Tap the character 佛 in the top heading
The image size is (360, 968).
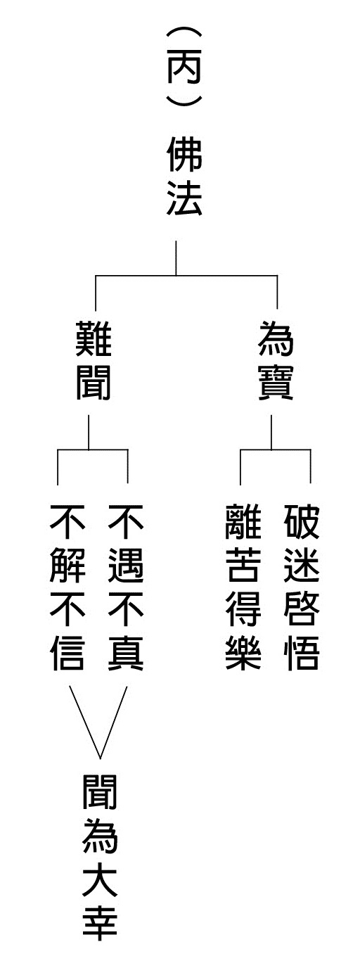tap(184, 155)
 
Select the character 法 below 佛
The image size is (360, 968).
tap(184, 198)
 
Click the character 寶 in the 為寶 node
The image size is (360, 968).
tap(276, 383)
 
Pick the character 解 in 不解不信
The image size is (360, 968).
tap(67, 565)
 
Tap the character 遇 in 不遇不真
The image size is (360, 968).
tap(126, 565)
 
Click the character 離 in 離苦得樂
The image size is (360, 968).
tap(243, 521)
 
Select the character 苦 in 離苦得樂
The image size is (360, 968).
tap(243, 565)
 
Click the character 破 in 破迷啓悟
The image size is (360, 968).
tap(302, 521)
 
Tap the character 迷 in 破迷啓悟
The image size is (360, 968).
tap(302, 565)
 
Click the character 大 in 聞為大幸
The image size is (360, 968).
tap(100, 880)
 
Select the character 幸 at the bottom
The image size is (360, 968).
tap(100, 924)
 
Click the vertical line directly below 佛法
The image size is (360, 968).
tap(176, 258)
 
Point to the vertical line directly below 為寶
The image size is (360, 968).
tap(271, 433)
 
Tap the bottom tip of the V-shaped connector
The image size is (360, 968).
tap(101, 758)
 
